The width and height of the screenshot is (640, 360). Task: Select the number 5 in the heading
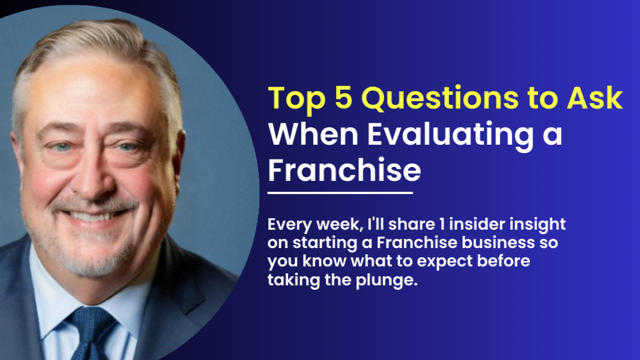[x=343, y=98]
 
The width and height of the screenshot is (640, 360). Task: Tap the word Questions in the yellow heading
[x=440, y=98]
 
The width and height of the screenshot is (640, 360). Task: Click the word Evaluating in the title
[x=450, y=135]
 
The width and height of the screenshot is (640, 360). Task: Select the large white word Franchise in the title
[x=344, y=169]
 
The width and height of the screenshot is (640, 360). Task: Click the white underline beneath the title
[x=340, y=192]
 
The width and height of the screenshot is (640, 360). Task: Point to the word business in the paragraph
[x=498, y=242]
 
